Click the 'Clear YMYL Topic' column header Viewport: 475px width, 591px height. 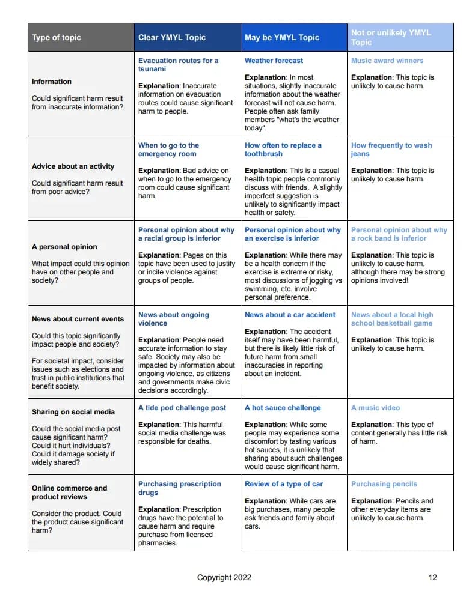point(172,37)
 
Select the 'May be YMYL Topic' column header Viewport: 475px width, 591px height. point(282,37)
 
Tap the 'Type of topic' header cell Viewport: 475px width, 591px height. point(57,37)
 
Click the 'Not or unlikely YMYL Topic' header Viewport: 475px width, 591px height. point(391,37)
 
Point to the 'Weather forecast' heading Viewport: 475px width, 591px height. point(274,61)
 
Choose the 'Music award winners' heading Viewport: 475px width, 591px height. point(387,61)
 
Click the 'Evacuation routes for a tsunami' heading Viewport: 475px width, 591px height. point(178,65)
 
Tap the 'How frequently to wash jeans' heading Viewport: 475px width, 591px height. point(391,150)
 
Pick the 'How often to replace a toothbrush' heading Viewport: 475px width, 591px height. point(283,150)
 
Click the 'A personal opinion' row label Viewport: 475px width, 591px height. point(64,247)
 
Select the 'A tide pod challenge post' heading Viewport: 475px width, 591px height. point(182,408)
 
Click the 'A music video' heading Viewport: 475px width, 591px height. point(375,408)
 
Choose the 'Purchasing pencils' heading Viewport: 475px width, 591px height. point(384,484)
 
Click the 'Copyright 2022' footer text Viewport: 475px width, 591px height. point(224,578)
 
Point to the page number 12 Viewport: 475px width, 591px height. point(432,578)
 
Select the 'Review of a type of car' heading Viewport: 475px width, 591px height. point(284,484)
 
